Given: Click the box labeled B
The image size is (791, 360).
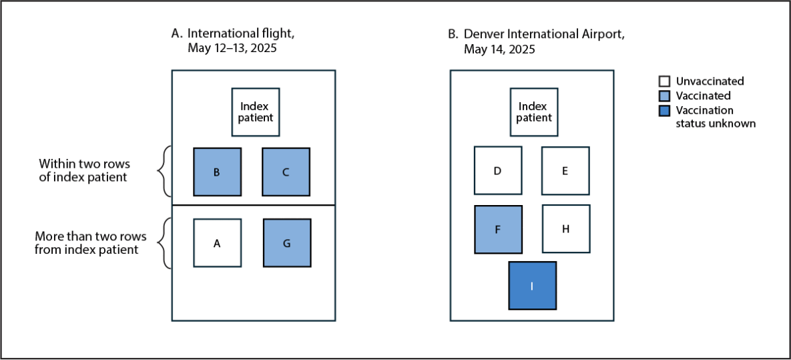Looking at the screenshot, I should [218, 172].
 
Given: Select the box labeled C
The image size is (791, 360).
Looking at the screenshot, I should [286, 172].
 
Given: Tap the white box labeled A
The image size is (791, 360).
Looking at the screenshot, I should [218, 243].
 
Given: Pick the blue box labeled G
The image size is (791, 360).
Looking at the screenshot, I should [286, 243].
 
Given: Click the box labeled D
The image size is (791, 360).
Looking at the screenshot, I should [498, 171].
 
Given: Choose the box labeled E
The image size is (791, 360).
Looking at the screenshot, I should [565, 171].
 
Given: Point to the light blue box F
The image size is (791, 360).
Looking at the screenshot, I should [498, 229].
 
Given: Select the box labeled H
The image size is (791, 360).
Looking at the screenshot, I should [565, 229].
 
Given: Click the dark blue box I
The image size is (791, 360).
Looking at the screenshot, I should [532, 286].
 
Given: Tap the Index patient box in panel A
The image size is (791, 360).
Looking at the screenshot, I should [256, 112].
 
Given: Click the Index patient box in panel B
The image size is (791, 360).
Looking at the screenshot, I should [534, 112].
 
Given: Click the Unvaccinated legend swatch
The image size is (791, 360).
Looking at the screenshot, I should [664, 81].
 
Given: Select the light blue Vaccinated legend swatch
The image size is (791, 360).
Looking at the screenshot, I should [664, 96].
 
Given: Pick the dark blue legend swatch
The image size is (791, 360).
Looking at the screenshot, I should [664, 110].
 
